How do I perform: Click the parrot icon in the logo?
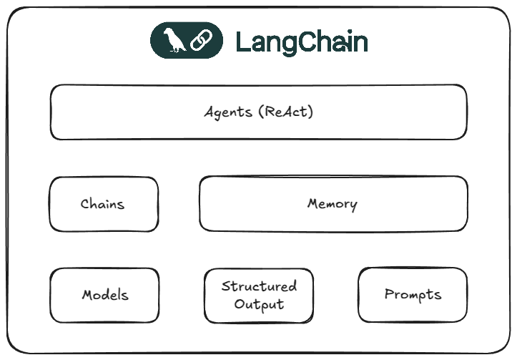click(174, 41)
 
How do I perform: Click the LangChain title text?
click(301, 42)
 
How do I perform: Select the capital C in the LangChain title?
click(308, 42)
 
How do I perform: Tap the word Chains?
click(102, 204)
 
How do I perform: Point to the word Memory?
click(332, 204)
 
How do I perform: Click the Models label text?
click(105, 295)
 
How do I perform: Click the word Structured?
click(259, 286)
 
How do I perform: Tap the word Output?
click(259, 304)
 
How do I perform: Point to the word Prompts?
click(413, 294)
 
